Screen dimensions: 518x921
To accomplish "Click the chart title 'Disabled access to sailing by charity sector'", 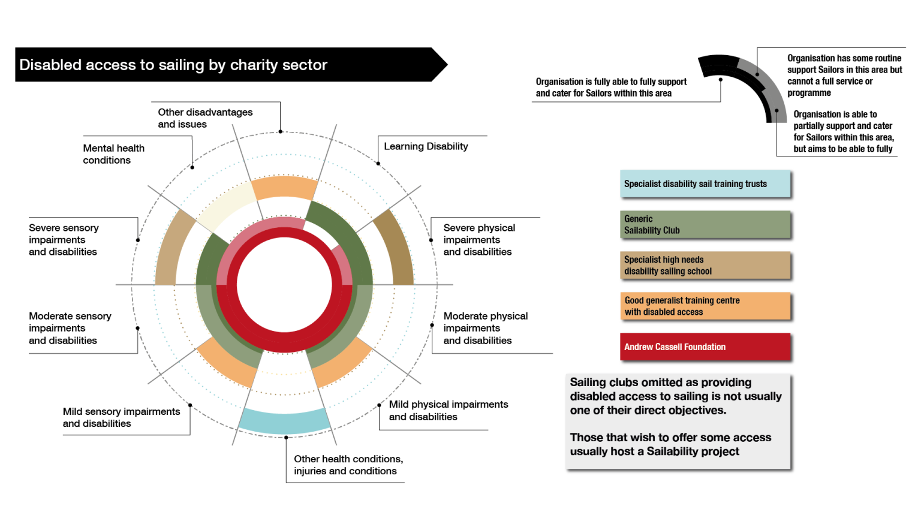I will pyautogui.click(x=173, y=65).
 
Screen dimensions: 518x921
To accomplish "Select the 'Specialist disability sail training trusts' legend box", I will pyautogui.click(x=705, y=184).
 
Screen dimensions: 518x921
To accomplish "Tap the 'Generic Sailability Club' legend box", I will pyautogui.click(x=705, y=225).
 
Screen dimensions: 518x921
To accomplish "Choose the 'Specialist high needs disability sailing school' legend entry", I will pyautogui.click(x=705, y=266).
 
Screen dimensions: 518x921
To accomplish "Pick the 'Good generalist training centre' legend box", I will pyautogui.click(x=705, y=306).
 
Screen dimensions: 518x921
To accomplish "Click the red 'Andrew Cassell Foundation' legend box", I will pyautogui.click(x=705, y=347).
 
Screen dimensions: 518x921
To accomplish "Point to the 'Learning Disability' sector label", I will pyautogui.click(x=426, y=146).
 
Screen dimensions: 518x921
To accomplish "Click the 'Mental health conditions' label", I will pyautogui.click(x=113, y=154).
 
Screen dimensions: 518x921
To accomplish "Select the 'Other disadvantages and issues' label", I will pyautogui.click(x=205, y=118).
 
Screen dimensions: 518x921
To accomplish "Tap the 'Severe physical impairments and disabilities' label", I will pyautogui.click(x=478, y=240).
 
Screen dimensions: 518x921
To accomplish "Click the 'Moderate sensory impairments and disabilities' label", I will pyautogui.click(x=70, y=328).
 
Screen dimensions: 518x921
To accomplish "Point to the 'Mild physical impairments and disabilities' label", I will pyautogui.click(x=448, y=411).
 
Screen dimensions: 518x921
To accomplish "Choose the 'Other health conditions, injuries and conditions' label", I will pyautogui.click(x=348, y=465).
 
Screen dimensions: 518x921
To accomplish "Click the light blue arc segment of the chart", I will pyautogui.click(x=284, y=421).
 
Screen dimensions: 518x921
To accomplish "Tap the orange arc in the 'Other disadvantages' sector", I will pyautogui.click(x=284, y=187).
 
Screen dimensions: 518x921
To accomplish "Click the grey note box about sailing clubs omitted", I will pyautogui.click(x=678, y=421).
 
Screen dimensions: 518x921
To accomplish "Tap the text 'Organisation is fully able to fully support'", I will pyautogui.click(x=611, y=82).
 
